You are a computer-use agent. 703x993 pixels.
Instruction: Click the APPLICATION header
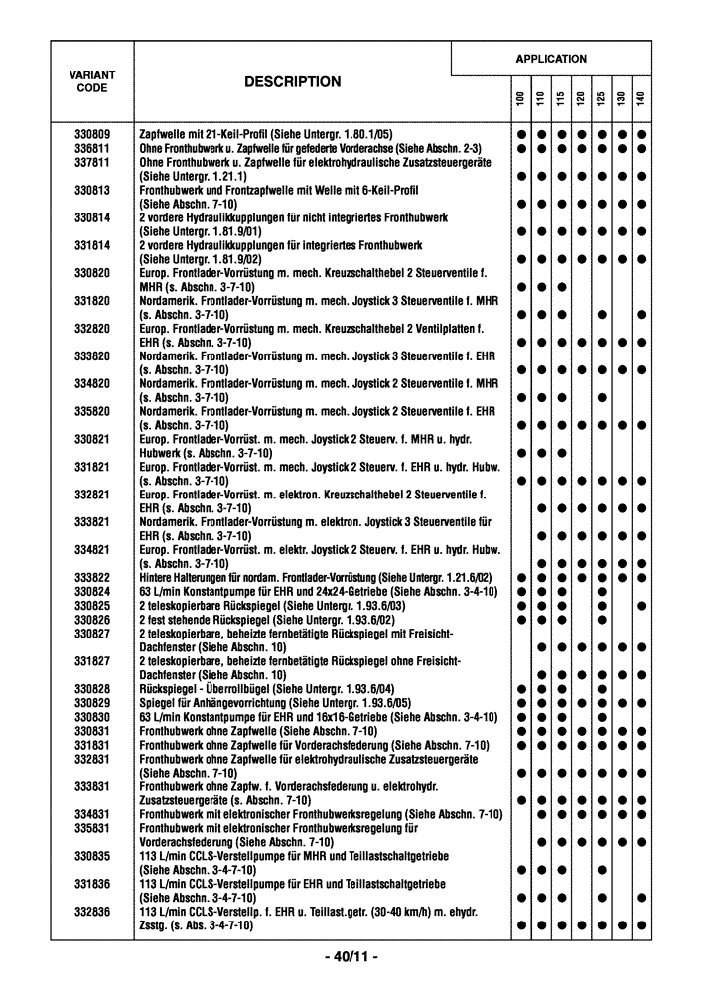[551, 59]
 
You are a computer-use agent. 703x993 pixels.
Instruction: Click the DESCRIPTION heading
[292, 83]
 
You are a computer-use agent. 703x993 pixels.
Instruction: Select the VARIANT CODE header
[92, 81]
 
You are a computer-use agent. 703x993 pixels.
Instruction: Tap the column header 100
[519, 100]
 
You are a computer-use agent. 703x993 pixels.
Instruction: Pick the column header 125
[601, 100]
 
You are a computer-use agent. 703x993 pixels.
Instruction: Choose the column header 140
[641, 100]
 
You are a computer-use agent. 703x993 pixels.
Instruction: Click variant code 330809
[92, 134]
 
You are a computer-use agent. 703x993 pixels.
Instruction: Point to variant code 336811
[92, 148]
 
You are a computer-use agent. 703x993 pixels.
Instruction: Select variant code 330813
[92, 190]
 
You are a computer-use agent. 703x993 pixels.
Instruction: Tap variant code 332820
[92, 328]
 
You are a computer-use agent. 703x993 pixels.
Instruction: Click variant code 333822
[92, 578]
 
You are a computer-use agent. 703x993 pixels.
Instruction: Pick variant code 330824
[92, 592]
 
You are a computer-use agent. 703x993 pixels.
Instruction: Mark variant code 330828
[92, 688]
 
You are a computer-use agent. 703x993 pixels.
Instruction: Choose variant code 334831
[92, 814]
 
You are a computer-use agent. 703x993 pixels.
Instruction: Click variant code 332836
[92, 911]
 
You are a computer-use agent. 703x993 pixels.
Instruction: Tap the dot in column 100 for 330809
[519, 134]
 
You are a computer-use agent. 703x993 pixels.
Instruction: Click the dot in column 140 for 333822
[641, 578]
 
